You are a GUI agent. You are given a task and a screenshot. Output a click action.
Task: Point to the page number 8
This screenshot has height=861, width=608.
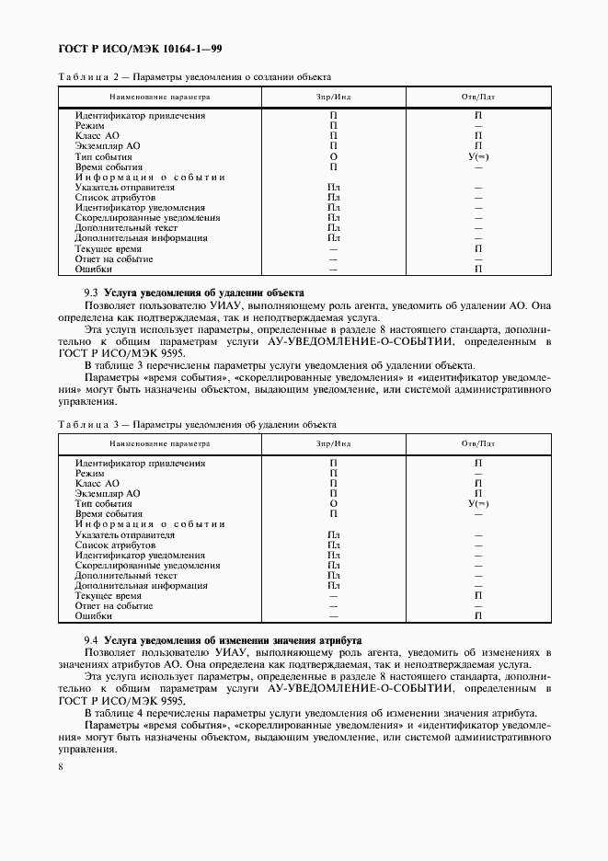click(60, 764)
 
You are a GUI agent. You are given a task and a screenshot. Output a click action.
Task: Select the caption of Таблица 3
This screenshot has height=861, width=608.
click(197, 424)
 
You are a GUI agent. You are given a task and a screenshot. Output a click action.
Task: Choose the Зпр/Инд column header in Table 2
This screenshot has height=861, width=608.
click(333, 96)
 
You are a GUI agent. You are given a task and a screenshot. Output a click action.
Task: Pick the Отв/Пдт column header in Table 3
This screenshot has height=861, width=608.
click(478, 443)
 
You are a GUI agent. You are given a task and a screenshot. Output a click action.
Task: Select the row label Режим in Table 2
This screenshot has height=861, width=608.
click(89, 125)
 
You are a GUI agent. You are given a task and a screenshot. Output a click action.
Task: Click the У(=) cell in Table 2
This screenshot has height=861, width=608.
click(478, 157)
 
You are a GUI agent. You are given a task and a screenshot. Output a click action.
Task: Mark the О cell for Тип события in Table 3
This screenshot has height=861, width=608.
click(334, 504)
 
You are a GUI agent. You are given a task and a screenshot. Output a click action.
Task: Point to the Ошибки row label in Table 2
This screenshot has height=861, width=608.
click(94, 270)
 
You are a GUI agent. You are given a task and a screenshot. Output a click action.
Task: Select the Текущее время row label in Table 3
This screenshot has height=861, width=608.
click(109, 596)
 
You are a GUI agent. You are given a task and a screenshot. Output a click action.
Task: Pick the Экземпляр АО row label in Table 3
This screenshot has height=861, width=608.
click(108, 494)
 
